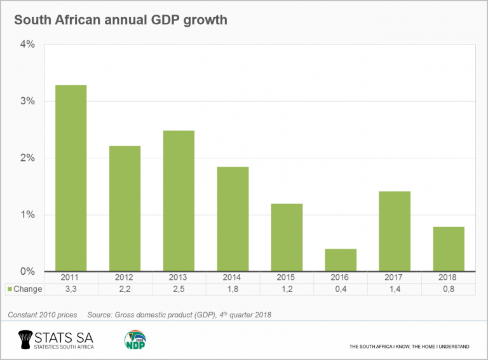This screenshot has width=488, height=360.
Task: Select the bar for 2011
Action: tap(71, 178)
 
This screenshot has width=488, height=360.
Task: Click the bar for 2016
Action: tap(341, 260)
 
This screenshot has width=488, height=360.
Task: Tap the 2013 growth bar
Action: tap(179, 201)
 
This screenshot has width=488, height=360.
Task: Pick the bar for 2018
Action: tap(449, 249)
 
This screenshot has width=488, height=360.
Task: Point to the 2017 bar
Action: tap(395, 231)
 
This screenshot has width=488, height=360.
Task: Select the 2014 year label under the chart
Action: tap(233, 278)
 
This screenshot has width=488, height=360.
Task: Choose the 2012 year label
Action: tap(125, 278)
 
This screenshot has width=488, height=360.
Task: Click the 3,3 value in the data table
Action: tap(71, 289)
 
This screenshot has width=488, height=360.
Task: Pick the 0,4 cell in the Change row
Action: tap(341, 289)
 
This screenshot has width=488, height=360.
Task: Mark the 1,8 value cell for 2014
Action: tap(233, 289)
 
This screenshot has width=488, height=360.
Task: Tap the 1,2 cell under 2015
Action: tap(287, 289)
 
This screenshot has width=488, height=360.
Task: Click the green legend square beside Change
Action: tap(10, 289)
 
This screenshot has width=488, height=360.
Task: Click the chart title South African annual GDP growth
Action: tap(120, 20)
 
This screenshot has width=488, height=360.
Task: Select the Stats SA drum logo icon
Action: tap(25, 340)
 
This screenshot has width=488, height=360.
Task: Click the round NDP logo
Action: tap(135, 340)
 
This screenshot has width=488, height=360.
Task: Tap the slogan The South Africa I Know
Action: tap(409, 347)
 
